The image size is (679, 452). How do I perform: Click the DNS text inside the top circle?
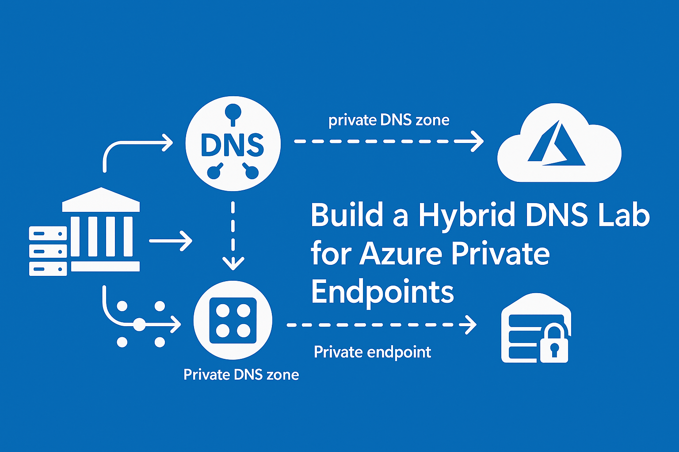233,145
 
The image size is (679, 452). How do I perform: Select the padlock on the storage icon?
554,344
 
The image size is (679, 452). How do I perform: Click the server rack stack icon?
48,251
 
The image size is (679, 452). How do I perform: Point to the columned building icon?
101,230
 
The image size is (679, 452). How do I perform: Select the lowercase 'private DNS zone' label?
389,120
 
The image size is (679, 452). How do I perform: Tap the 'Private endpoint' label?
372,352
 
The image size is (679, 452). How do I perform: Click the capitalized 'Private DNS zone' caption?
241,375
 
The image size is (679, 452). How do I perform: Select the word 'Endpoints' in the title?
382,292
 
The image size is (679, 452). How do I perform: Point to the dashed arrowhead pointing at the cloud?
477,141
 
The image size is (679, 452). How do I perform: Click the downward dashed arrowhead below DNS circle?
233,263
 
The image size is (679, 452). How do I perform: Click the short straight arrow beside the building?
171,241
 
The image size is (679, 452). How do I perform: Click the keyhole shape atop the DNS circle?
233,113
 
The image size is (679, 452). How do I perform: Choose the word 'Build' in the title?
347,215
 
